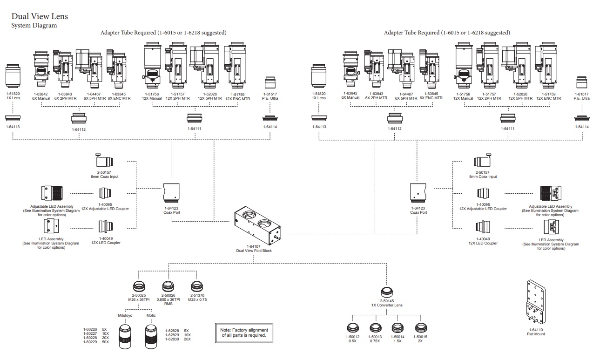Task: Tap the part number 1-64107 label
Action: coord(254,246)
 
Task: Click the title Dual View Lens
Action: coord(40,16)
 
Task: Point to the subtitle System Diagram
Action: coord(34,26)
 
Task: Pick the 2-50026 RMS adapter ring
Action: coord(168,285)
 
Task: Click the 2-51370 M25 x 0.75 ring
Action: coord(197,285)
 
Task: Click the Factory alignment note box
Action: coord(243,333)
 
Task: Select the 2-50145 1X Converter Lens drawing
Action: coord(386,292)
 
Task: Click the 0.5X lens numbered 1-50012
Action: coord(353,327)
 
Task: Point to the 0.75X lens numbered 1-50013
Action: coord(375,327)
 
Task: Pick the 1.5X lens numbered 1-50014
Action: coord(398,327)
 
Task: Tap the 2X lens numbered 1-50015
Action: coord(420,327)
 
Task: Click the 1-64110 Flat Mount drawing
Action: coord(536,303)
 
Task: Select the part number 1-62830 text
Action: coord(172,339)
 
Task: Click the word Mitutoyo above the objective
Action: coord(124,315)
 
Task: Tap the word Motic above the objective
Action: coord(151,315)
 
